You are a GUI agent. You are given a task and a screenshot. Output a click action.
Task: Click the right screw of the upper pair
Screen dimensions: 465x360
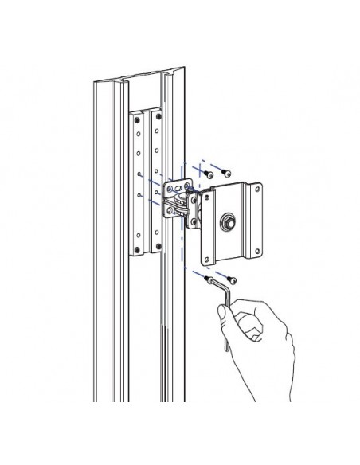pyautogui.click(x=226, y=173)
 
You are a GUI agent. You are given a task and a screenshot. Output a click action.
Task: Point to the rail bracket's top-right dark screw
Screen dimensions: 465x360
pyautogui.click(x=158, y=117)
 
